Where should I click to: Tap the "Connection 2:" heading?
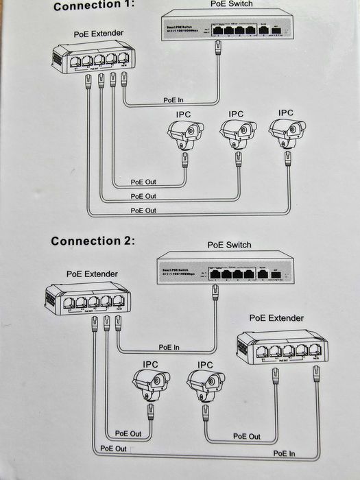click(x=93, y=241)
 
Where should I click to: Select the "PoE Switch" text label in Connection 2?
click(x=229, y=245)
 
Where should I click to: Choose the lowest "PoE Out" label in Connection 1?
click(x=143, y=209)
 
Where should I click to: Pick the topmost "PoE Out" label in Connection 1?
click(x=143, y=182)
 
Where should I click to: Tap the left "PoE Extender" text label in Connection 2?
click(x=92, y=274)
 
